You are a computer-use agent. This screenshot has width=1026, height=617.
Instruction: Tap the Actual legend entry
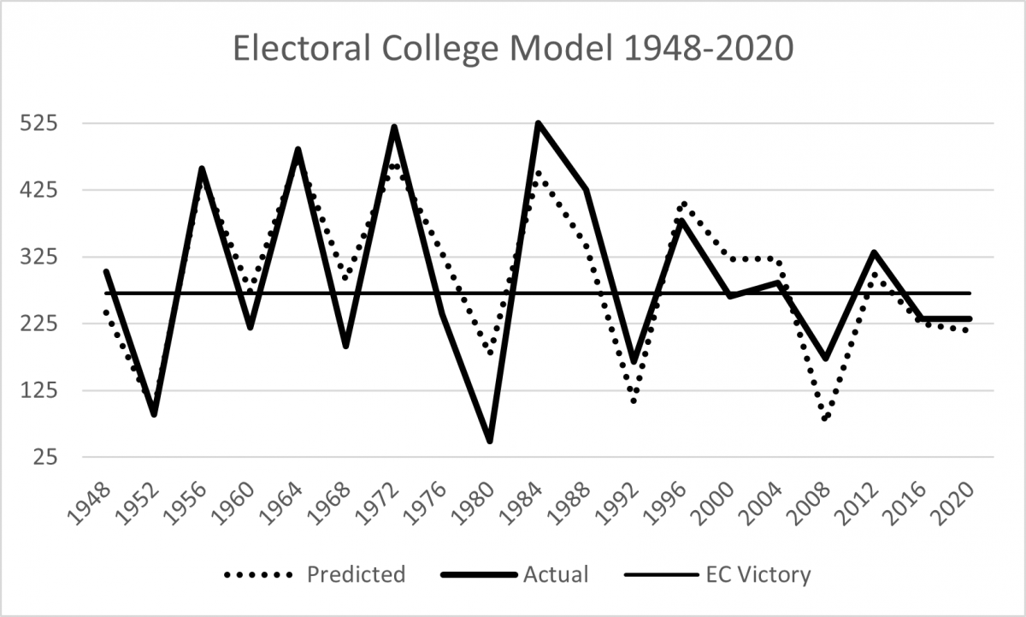point(557,574)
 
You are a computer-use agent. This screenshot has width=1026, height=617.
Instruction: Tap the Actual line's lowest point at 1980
point(490,441)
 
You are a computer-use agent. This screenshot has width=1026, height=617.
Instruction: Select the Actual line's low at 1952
point(154,414)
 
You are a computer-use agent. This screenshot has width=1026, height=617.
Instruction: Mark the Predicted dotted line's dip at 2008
point(826,419)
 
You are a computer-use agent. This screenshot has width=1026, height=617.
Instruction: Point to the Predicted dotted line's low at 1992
point(634,401)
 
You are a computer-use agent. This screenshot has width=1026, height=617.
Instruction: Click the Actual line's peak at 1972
point(394,128)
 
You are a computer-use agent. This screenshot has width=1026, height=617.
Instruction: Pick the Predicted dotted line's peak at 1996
point(683,204)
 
